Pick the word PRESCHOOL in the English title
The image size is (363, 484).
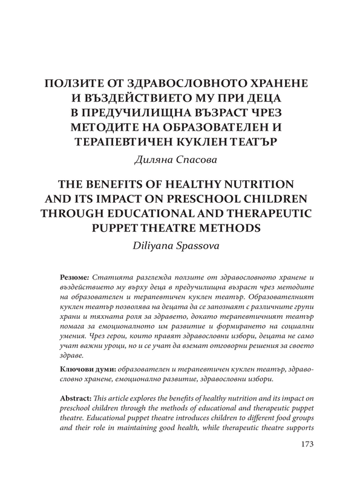(x=198, y=198)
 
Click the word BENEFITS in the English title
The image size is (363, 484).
(x=125, y=183)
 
